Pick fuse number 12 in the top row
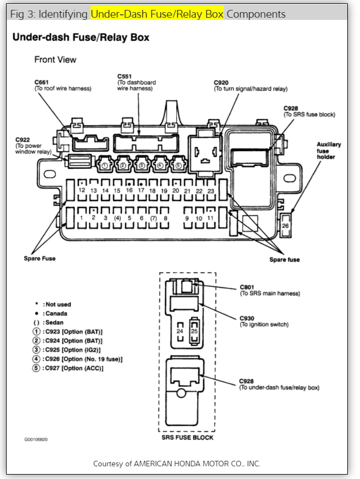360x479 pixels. pyautogui.click(x=81, y=190)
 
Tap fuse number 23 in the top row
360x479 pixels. pyautogui.click(x=210, y=190)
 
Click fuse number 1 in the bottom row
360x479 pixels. pyautogui.click(x=81, y=217)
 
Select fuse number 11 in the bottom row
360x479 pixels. pyautogui.click(x=210, y=217)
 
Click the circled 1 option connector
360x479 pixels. pyautogui.click(x=105, y=164)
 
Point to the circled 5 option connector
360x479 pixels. pyautogui.click(x=178, y=164)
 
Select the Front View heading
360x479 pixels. pyautogui.click(x=55, y=59)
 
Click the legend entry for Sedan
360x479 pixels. pyautogui.click(x=52, y=322)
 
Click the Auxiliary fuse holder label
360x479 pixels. pyautogui.click(x=329, y=150)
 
